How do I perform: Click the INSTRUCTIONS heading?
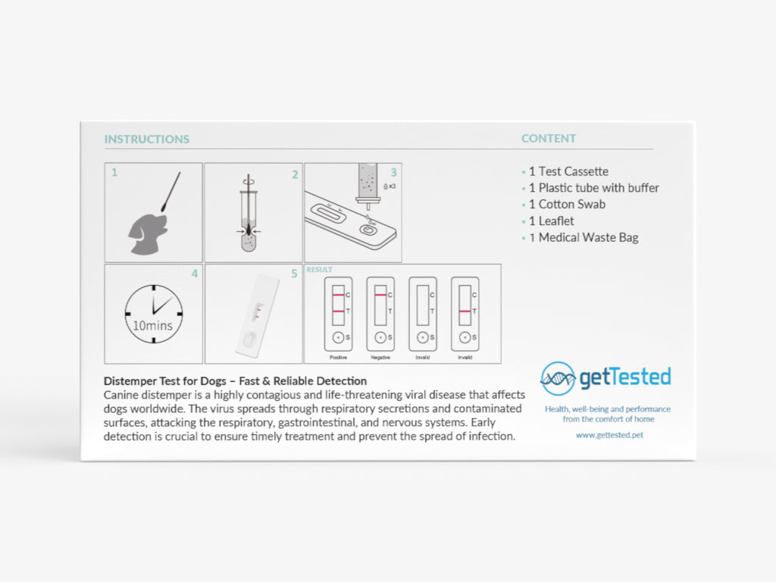coord(147,139)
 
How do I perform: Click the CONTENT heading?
coord(549,139)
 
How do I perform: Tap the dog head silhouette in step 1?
coord(148,233)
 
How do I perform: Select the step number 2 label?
coord(295,174)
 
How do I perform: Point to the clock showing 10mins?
coord(153,314)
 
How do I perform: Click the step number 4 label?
coord(195,274)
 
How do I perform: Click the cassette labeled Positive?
coord(338,314)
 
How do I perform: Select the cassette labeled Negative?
coord(380,314)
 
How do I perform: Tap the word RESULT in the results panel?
coord(319,270)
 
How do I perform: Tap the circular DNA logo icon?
coord(558,379)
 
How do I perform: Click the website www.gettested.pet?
coord(610,435)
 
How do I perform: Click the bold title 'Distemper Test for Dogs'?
coord(164,381)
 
